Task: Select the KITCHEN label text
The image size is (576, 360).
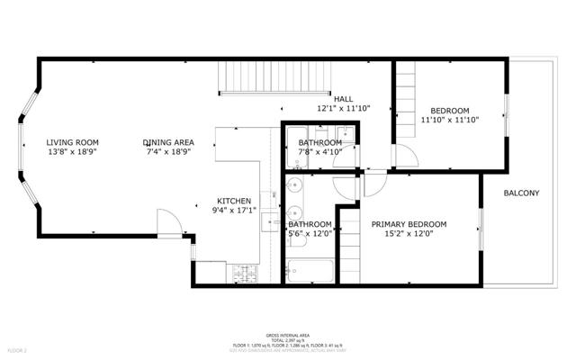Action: [234, 201]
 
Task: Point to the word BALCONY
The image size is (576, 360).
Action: [521, 193]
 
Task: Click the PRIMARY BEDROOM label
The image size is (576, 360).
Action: [409, 224]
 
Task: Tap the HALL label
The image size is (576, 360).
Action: [343, 99]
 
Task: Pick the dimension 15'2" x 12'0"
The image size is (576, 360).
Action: [409, 235]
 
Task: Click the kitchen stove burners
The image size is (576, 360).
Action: [243, 271]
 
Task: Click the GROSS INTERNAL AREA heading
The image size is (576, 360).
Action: [287, 333]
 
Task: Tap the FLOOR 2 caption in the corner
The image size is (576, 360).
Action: [18, 349]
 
